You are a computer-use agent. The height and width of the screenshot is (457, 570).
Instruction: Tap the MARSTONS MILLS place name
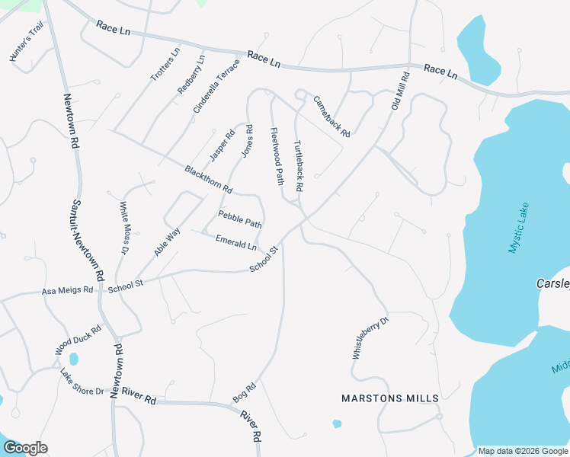click(389, 398)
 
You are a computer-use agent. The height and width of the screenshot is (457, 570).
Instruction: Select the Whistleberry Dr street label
click(370, 337)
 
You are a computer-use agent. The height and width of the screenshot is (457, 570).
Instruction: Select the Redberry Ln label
click(191, 75)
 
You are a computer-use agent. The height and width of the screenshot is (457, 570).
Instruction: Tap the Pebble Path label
click(240, 219)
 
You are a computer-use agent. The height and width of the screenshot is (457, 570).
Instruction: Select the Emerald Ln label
click(236, 241)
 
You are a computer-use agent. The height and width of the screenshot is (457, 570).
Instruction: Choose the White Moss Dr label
click(125, 228)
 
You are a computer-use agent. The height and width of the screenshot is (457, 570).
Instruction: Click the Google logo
click(26, 448)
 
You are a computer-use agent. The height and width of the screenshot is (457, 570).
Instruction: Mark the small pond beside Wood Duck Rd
click(74, 358)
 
